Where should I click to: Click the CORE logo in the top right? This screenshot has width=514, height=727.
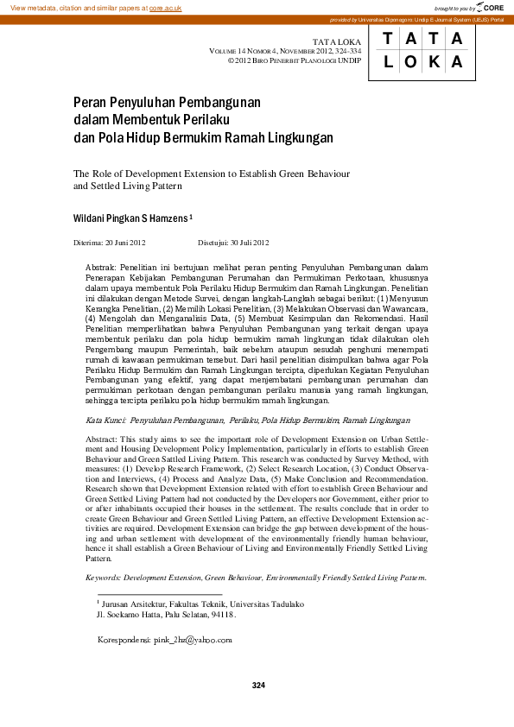(x=487, y=7)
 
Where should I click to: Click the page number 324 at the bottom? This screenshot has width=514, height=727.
(x=257, y=686)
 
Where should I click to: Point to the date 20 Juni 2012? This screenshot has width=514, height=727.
(x=125, y=243)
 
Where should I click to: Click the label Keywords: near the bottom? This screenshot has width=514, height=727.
(x=104, y=577)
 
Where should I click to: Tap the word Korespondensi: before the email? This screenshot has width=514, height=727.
(x=124, y=640)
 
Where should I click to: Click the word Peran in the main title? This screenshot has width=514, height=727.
(x=88, y=102)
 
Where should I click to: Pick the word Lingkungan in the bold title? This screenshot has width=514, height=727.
(x=301, y=136)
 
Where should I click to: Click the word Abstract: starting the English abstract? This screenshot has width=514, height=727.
(x=102, y=439)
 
